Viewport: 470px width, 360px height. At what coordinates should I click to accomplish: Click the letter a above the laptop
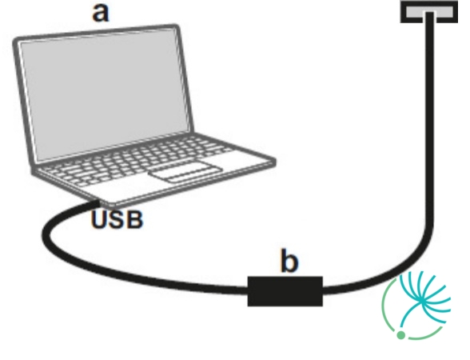pos(101,13)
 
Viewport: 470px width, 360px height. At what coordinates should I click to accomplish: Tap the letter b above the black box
pos(289,260)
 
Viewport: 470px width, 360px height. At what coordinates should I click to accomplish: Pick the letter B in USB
pos(134,219)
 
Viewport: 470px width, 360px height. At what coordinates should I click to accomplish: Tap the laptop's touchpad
pos(186,172)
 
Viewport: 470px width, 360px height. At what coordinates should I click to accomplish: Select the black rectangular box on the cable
pos(285,291)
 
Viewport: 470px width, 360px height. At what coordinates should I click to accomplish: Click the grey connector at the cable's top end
pos(429,12)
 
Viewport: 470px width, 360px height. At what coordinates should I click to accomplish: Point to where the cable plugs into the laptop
pos(97,203)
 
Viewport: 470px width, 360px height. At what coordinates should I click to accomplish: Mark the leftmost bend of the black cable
pos(46,234)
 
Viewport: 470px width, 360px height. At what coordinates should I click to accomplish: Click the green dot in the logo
pos(400,334)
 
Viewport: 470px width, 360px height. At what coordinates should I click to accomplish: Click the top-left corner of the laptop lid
pos(15,41)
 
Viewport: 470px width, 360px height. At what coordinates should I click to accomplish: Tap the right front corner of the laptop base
pos(274,162)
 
